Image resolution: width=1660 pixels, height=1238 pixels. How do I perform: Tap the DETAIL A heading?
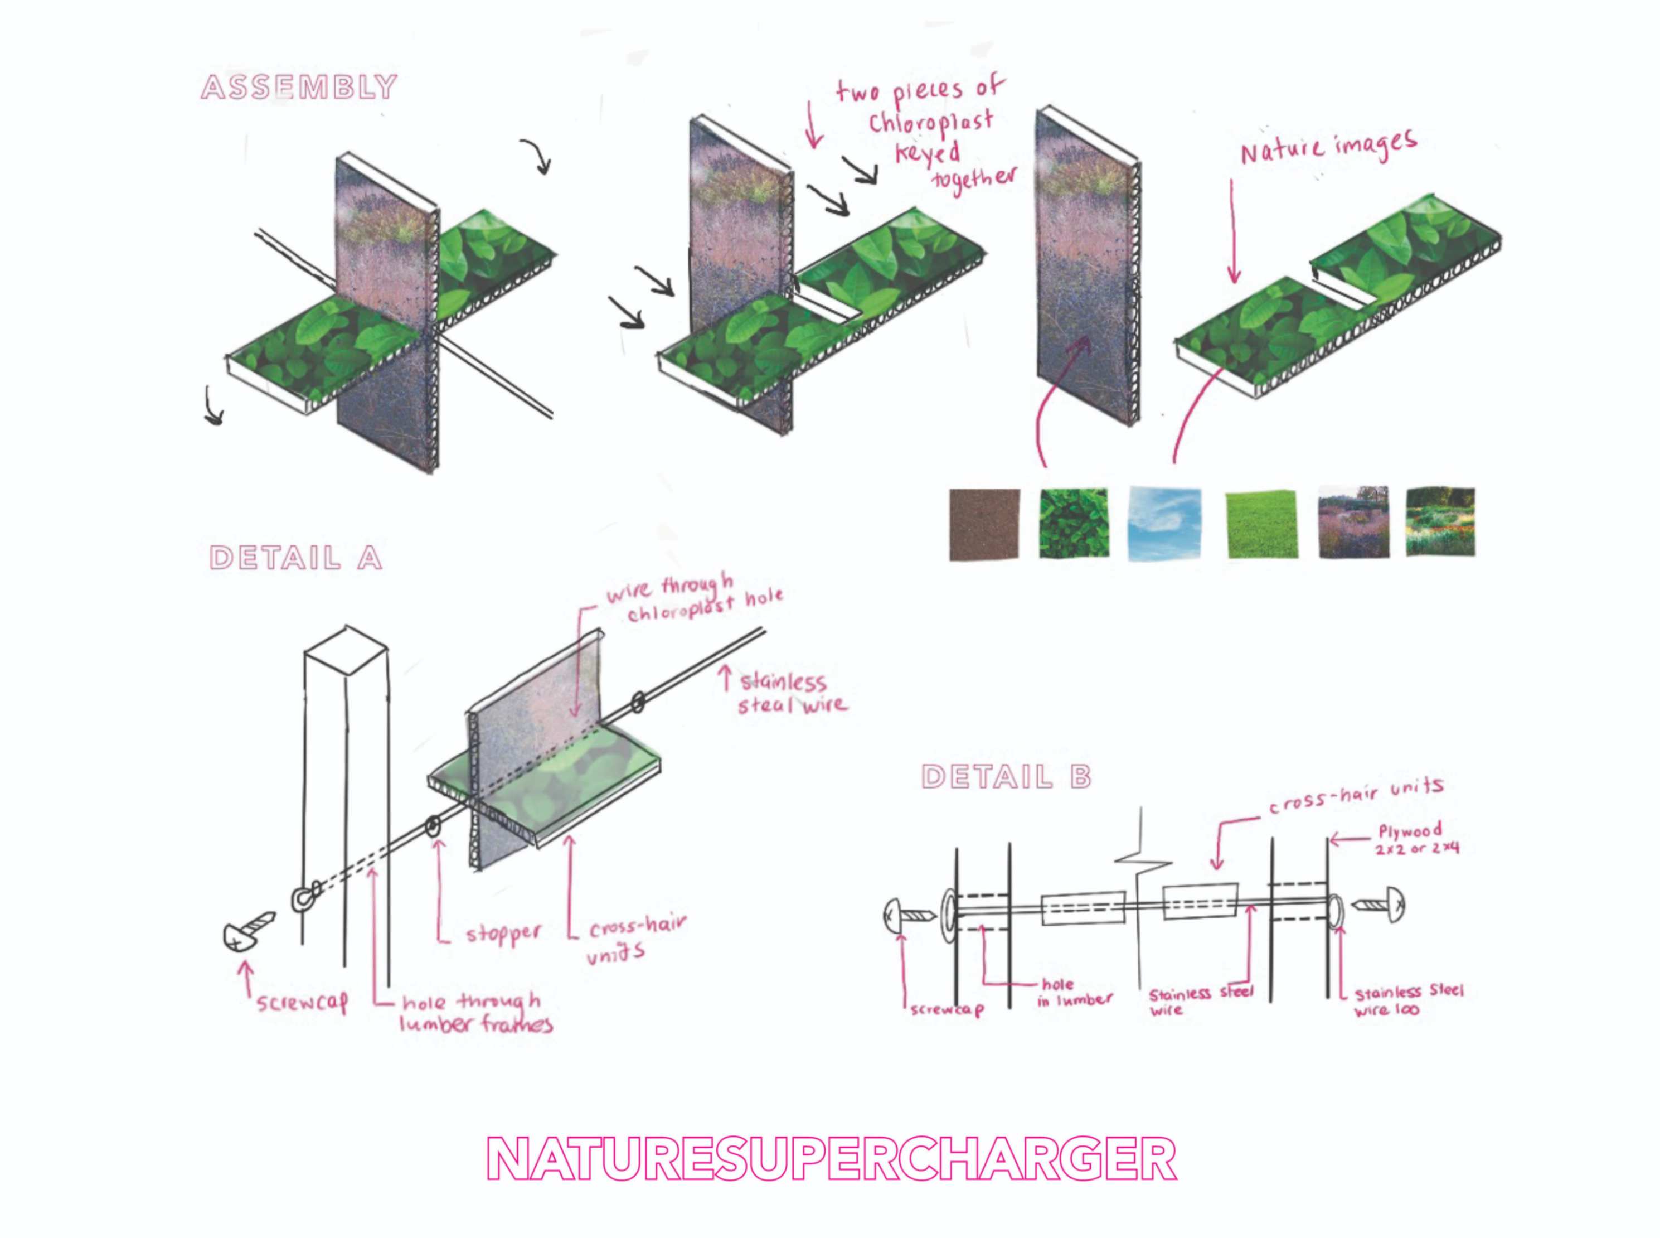pos(296,558)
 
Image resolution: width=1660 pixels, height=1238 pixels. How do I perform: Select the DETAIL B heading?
pos(1006,777)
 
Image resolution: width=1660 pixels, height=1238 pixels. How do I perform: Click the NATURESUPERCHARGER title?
pos(832,1159)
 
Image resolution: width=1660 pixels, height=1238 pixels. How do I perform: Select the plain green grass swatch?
pos(1261,523)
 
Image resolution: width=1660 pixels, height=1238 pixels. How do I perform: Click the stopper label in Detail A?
pos(503,934)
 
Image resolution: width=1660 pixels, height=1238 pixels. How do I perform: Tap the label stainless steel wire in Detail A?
pos(791,694)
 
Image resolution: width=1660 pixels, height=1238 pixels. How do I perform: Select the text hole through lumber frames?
pos(475,1013)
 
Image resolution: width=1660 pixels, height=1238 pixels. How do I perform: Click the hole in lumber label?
pos(1074,992)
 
